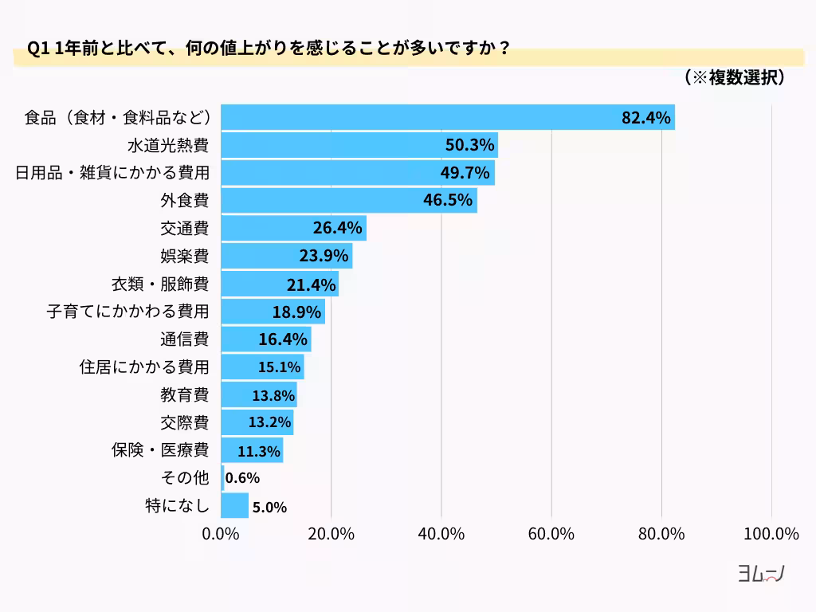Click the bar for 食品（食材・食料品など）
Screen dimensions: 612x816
coord(446,117)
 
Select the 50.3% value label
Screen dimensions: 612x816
coord(469,145)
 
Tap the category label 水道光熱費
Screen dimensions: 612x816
coord(168,145)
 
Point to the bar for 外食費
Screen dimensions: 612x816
coord(348,200)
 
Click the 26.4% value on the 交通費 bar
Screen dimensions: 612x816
coord(339,228)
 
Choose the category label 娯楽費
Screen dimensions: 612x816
coord(184,256)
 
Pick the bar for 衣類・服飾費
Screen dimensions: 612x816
coord(279,284)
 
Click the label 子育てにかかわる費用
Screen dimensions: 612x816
coord(127,311)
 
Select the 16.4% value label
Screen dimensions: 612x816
coord(283,339)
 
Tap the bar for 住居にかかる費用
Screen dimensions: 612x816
coord(262,367)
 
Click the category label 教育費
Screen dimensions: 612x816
coord(184,394)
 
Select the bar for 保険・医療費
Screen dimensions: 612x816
coord(251,450)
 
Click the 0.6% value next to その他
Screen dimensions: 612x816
coord(243,478)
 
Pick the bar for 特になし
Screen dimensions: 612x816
coord(234,506)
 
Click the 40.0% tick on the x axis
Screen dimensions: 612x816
coord(441,534)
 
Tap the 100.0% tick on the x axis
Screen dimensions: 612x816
coord(771,534)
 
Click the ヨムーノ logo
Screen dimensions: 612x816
coord(761,575)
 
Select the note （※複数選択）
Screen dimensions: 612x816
coord(735,77)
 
